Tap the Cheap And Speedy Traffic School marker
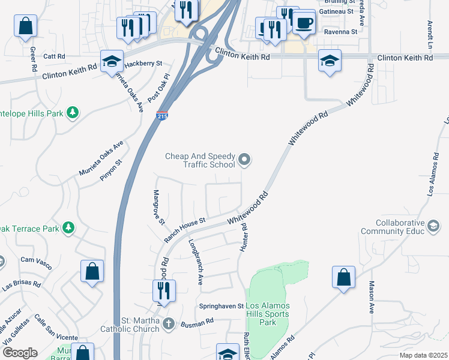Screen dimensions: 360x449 coord(244,160)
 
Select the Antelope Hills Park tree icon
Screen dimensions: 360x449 coord(72,112)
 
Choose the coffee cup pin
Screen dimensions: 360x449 coord(304,23)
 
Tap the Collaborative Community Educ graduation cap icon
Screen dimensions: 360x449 coord(433,226)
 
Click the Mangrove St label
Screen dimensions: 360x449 coord(159,207)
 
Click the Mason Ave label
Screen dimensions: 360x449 coord(372,297)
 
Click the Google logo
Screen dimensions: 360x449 coord(20,353)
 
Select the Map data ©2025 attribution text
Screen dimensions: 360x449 coord(423,355)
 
